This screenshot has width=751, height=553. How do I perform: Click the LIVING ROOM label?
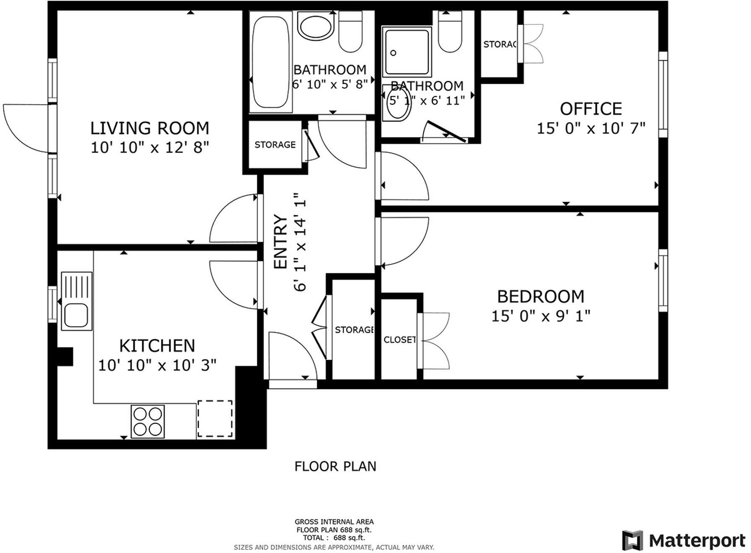pyautogui.click(x=150, y=128)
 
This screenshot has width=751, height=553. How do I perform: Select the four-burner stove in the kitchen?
pyautogui.click(x=148, y=421)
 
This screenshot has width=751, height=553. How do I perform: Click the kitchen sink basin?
pyautogui.click(x=76, y=315)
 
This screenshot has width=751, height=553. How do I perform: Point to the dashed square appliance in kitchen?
pyautogui.click(x=215, y=419)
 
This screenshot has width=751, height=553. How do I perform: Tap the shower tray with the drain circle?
pyautogui.click(x=406, y=51)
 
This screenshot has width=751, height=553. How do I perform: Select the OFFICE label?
pyautogui.click(x=591, y=109)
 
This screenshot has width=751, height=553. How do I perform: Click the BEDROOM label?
pyautogui.click(x=541, y=296)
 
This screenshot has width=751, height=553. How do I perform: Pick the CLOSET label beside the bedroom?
pyautogui.click(x=399, y=340)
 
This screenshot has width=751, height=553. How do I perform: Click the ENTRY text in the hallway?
pyautogui.click(x=280, y=242)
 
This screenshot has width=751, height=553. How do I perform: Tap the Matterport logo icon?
pyautogui.click(x=632, y=540)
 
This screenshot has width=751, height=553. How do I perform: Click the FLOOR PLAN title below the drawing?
pyautogui.click(x=335, y=466)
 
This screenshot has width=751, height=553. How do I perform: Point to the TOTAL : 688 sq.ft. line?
pyautogui.click(x=334, y=537)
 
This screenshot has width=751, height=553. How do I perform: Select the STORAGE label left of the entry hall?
pyautogui.click(x=275, y=145)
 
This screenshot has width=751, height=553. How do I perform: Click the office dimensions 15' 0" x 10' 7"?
pyautogui.click(x=591, y=128)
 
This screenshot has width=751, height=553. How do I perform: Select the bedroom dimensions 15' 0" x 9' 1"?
pyautogui.click(x=541, y=316)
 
